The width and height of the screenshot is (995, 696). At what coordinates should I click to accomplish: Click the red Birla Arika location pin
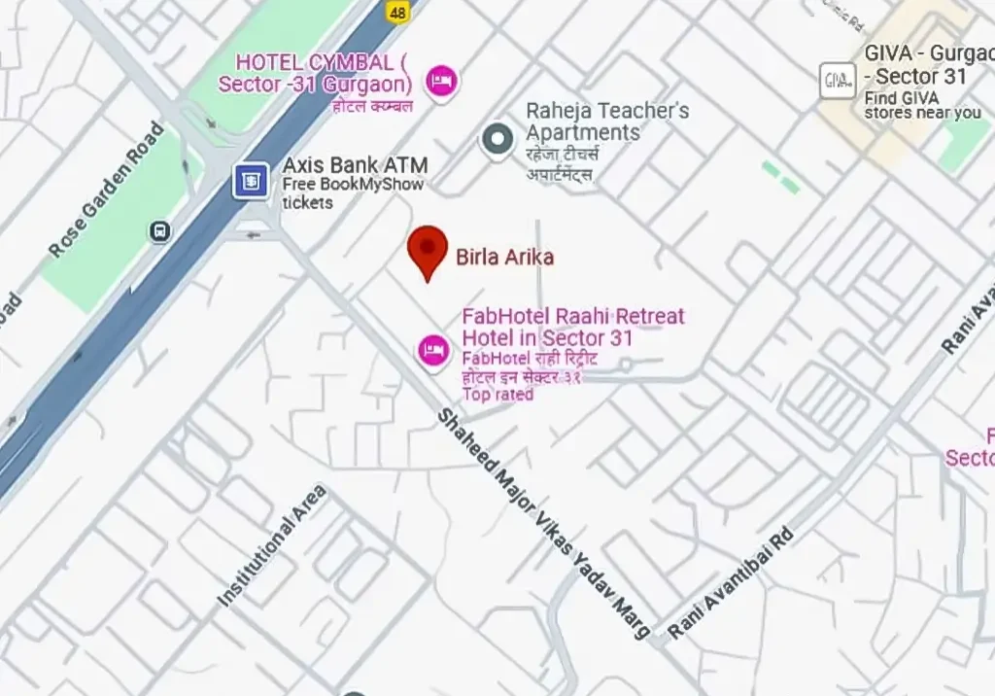point(427,249)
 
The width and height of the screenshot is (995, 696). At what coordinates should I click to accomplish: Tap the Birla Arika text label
point(504,258)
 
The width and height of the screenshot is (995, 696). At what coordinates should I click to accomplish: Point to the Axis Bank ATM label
point(355,165)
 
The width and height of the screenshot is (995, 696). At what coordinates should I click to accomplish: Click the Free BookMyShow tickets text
point(353,193)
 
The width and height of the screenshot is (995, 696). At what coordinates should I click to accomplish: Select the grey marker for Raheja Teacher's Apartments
point(497,138)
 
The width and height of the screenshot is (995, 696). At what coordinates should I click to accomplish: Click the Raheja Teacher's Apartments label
point(607,122)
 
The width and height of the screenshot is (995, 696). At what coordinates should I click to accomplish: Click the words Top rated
point(497,395)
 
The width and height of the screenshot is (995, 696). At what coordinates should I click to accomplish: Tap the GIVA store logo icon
point(837,80)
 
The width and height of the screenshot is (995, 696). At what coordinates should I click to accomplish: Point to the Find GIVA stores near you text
point(922,105)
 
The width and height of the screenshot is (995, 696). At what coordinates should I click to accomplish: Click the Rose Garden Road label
point(106,190)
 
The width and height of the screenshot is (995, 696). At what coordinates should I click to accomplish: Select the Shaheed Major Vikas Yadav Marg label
point(543,523)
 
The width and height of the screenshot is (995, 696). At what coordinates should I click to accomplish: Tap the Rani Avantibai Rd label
point(731,583)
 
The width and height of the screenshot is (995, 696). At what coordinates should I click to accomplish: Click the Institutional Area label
point(271,546)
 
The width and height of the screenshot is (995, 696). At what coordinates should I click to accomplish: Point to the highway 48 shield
point(396,12)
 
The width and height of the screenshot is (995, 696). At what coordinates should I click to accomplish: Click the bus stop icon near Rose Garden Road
point(160,231)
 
